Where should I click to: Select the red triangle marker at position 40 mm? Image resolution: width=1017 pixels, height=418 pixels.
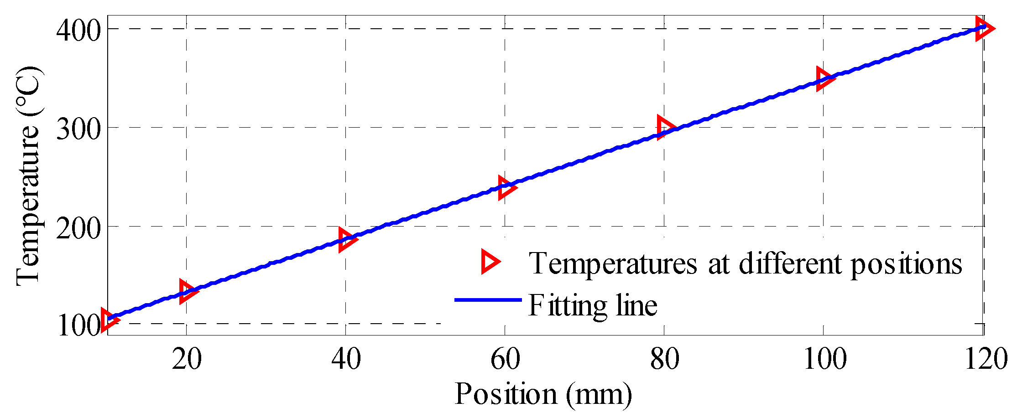click(346, 239)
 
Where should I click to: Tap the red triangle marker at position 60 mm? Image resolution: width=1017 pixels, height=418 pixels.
click(506, 188)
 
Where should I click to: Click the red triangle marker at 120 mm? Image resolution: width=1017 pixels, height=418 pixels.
click(983, 28)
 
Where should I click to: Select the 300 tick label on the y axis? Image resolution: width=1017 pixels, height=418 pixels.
click(78, 129)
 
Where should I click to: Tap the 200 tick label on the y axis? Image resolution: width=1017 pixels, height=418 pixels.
click(78, 227)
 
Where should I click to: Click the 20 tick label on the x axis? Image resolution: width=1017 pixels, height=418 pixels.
click(187, 359)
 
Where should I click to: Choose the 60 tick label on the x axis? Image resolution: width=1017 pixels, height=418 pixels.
click(505, 359)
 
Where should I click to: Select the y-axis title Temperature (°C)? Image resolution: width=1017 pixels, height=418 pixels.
click(28, 175)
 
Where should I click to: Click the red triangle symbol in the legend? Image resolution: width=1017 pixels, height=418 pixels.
click(490, 262)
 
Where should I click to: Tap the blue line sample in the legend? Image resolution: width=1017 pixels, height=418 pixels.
click(488, 299)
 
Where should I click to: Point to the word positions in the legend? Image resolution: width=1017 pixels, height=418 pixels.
click(906, 264)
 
